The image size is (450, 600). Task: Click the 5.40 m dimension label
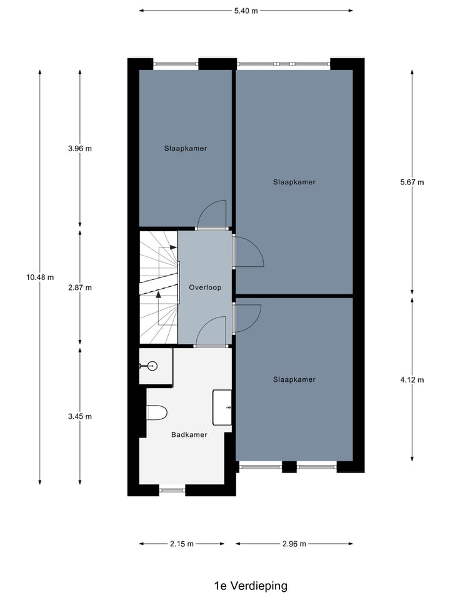[246, 11]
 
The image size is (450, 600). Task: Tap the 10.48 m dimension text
[40, 277]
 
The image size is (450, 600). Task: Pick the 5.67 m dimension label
[411, 182]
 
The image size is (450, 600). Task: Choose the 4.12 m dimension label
[411, 379]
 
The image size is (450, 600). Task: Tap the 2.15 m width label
[181, 544]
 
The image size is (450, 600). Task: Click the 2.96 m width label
[294, 544]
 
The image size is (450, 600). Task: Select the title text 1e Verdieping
[251, 586]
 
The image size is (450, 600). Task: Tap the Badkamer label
[189, 434]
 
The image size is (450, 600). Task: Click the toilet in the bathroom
[157, 412]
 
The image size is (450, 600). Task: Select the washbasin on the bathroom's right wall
[223, 407]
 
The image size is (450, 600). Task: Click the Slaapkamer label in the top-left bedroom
[186, 149]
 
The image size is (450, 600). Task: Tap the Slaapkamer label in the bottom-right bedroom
[294, 379]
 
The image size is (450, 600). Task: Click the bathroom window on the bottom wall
[172, 490]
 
